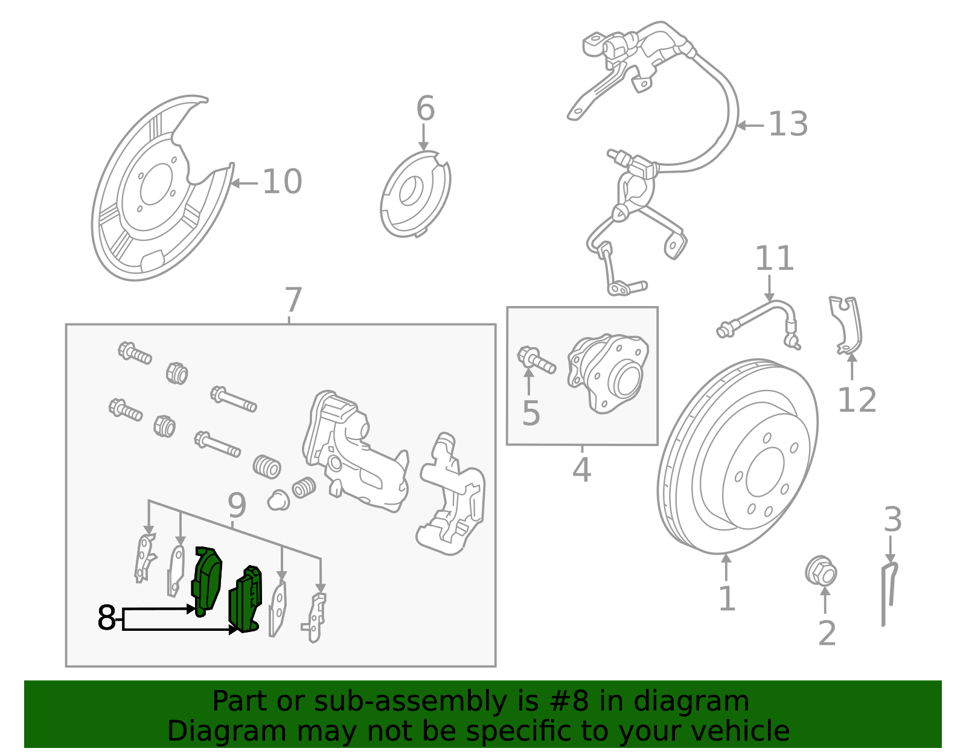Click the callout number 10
pyautogui.click(x=282, y=182)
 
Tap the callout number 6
pyautogui.click(x=425, y=109)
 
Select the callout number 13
pyautogui.click(x=788, y=124)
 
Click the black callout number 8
pyautogui.click(x=106, y=618)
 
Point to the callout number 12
pyautogui.click(x=857, y=400)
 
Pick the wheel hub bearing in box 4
pyautogui.click(x=609, y=374)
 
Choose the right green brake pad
pyautogui.click(x=246, y=600)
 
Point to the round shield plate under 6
pyautogui.click(x=415, y=193)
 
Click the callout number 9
pyautogui.click(x=237, y=505)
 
